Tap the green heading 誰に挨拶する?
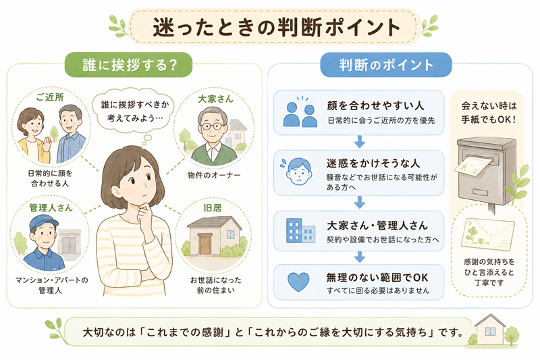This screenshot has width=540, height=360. click(130, 65)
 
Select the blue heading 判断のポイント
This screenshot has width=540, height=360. click(386, 65)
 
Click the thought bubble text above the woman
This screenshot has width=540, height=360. click(134, 111)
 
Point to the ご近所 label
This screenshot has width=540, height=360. click(50, 97)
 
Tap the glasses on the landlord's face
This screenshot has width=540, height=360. click(211, 126)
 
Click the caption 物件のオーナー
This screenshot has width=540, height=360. click(214, 175)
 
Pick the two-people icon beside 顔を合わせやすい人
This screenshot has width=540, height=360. click(300, 115)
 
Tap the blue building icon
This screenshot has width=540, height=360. click(300, 230)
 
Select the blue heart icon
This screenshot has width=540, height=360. click(298, 282)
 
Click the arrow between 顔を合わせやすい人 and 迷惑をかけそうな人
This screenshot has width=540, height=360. click(359, 142)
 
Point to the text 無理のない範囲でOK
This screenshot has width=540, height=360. click(377, 278)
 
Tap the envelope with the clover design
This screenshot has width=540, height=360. click(487, 234)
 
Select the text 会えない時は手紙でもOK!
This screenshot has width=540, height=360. click(488, 112)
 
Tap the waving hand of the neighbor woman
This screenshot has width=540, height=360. click(47, 143)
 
